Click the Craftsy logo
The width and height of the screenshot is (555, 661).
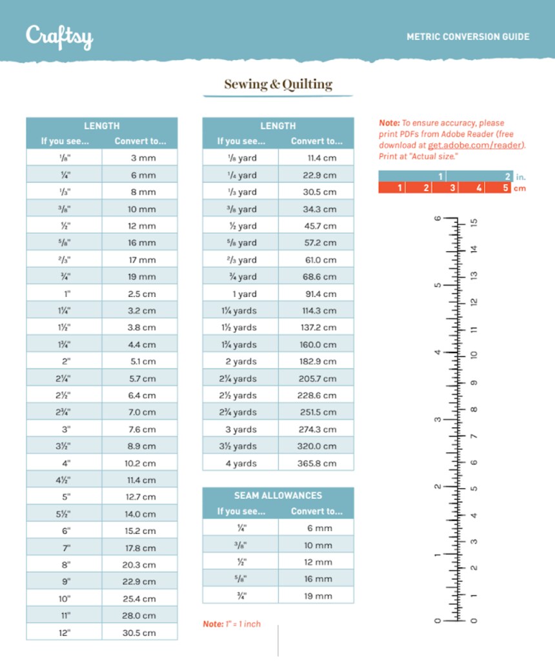pyautogui.click(x=59, y=36)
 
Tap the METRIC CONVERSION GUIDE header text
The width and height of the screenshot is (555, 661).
pyautogui.click(x=468, y=37)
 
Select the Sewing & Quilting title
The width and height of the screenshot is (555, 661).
pyautogui.click(x=278, y=84)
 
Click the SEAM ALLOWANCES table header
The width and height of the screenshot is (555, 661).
pyautogui.click(x=278, y=495)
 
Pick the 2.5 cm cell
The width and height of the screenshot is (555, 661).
pyautogui.click(x=140, y=294)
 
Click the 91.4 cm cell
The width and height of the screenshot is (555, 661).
pyautogui.click(x=316, y=294)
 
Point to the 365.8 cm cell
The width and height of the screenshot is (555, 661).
pyautogui.click(x=316, y=463)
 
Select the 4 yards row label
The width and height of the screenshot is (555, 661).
pyautogui.click(x=241, y=463)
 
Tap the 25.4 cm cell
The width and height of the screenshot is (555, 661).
pyautogui.click(x=139, y=598)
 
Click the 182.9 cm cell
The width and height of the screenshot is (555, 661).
pyautogui.click(x=316, y=361)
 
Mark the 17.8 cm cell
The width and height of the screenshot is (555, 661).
pyautogui.click(x=139, y=548)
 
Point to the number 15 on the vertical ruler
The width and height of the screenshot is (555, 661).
pyautogui.click(x=474, y=223)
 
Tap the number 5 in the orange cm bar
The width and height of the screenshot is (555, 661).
pyautogui.click(x=505, y=188)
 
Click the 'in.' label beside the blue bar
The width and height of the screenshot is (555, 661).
pyautogui.click(x=520, y=176)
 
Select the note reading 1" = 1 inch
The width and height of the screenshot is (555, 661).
pyautogui.click(x=232, y=624)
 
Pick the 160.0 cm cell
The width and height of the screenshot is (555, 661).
pyautogui.click(x=316, y=345)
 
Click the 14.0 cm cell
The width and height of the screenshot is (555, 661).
pyautogui.click(x=139, y=514)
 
